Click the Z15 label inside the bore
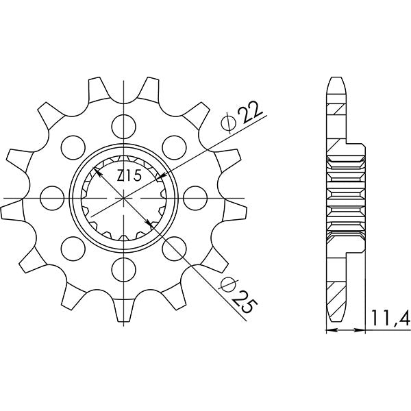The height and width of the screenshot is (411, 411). point(129,177)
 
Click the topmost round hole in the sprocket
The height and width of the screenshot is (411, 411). point(123,125)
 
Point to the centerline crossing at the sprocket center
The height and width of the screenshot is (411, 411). point(123,198)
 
